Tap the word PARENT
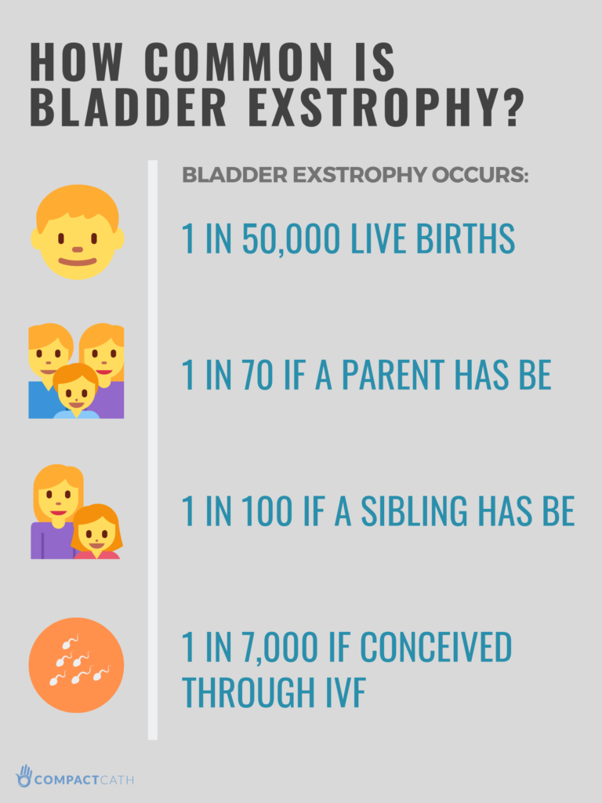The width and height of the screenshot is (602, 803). [403, 376]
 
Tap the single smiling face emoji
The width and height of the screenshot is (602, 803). [77, 233]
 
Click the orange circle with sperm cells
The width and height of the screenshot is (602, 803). [77, 665]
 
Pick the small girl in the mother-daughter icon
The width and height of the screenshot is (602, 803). [96, 532]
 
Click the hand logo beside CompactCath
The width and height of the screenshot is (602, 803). [24, 776]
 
